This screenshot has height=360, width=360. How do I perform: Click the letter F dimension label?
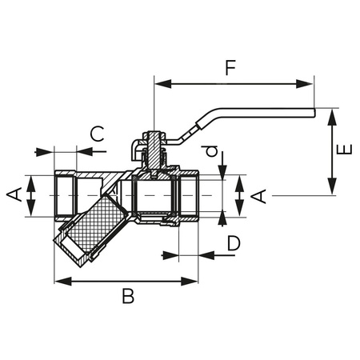click(x=230, y=68)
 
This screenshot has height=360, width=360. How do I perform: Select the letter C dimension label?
click(x=96, y=134)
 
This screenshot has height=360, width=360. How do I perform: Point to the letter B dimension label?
click(x=127, y=297)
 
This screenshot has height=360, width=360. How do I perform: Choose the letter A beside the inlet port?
click(x=14, y=194)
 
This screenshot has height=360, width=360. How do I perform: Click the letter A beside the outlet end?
click(x=259, y=194)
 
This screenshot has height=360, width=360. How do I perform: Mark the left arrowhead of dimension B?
click(x=58, y=281)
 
